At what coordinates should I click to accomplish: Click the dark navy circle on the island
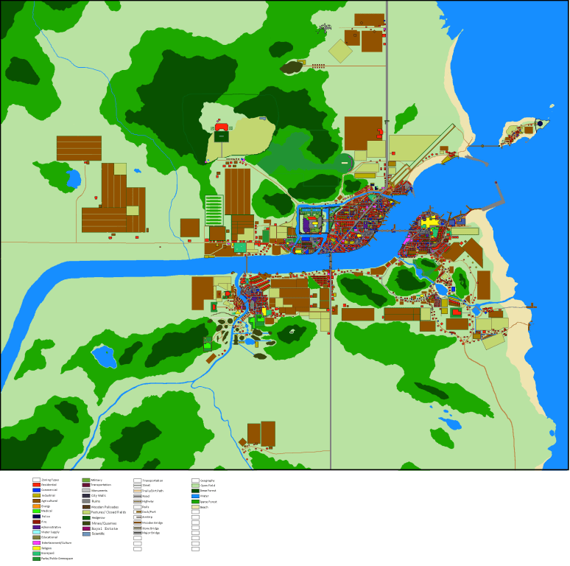click(x=540, y=123)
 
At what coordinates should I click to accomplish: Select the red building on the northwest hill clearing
click(x=222, y=127)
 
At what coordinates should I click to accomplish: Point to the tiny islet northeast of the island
click(x=552, y=105)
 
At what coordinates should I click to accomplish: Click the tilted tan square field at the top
click(x=340, y=51)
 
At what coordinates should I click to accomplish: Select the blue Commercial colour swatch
click(x=36, y=490)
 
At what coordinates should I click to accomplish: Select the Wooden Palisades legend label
click(x=105, y=507)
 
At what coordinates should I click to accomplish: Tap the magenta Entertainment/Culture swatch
click(x=36, y=542)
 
